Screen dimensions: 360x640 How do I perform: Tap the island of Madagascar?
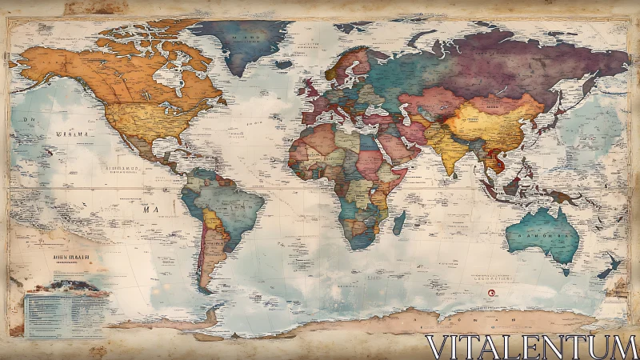click(398, 222)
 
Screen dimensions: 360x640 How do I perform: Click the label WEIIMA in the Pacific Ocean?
click(71, 134)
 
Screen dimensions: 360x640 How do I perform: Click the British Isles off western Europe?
click(309, 86)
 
